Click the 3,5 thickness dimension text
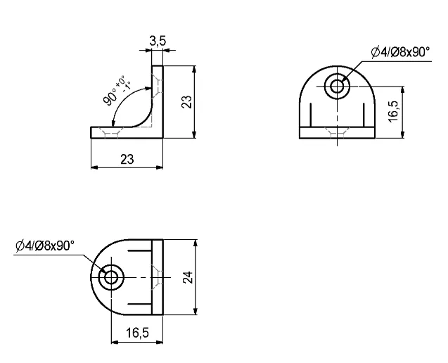158,42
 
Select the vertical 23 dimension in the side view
186,102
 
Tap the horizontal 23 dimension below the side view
127,159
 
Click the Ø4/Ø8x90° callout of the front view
400,51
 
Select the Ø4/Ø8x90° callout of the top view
44,245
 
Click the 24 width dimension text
187,276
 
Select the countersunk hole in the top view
110,276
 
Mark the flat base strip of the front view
338,132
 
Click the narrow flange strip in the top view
158,276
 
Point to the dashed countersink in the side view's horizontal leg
109,133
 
